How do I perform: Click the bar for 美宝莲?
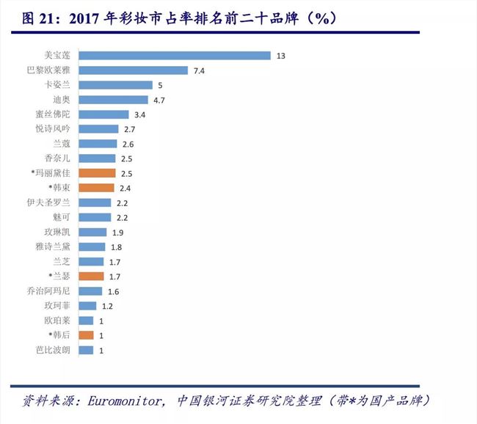(x=175, y=55)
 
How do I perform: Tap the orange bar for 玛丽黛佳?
(x=97, y=173)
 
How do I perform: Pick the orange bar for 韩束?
(x=96, y=188)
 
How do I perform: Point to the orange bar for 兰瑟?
(x=91, y=276)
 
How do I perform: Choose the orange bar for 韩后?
(x=86, y=335)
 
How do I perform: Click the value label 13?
(x=281, y=56)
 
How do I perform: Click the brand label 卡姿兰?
(x=58, y=84)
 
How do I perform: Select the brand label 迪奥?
(x=62, y=99)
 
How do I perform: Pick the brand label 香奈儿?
(x=58, y=158)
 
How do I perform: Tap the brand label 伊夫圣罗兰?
(x=51, y=202)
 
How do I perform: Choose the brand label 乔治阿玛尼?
(x=51, y=290)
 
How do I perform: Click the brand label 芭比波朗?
(x=54, y=350)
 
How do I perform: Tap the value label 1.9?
(x=117, y=232)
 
